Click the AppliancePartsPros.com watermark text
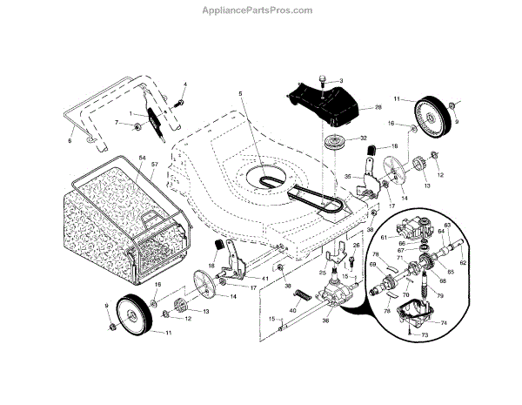260,10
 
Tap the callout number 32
364,138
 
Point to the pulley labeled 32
332,143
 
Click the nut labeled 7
138,129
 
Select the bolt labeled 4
177,102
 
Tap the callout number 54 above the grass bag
140,157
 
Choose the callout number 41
264,278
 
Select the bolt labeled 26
351,260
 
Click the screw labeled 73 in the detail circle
412,333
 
